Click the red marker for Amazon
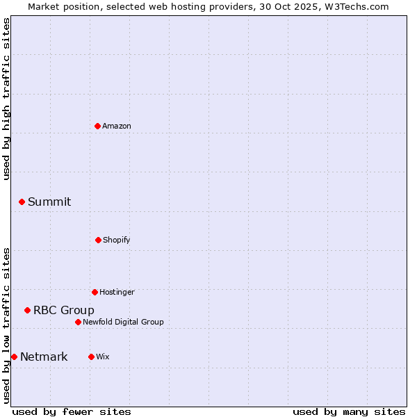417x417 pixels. tap(98, 126)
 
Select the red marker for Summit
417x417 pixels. tap(22, 202)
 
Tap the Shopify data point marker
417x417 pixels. tap(98, 240)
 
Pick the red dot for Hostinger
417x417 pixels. tap(95, 292)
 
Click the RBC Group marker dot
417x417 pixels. tap(27, 310)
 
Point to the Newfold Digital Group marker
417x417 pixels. tap(78, 322)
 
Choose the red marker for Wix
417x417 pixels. tap(91, 357)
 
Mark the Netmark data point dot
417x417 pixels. tap(14, 357)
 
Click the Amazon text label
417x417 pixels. tap(117, 126)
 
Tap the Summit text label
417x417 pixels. tap(49, 202)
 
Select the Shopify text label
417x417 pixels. tap(117, 240)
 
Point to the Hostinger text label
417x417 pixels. tap(117, 292)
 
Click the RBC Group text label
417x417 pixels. tap(64, 310)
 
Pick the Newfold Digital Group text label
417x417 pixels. tap(123, 322)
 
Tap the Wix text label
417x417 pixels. tap(103, 357)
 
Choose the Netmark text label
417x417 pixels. tap(44, 357)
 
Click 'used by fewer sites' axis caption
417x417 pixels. tap(72, 411)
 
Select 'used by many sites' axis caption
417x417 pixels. tap(349, 411)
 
